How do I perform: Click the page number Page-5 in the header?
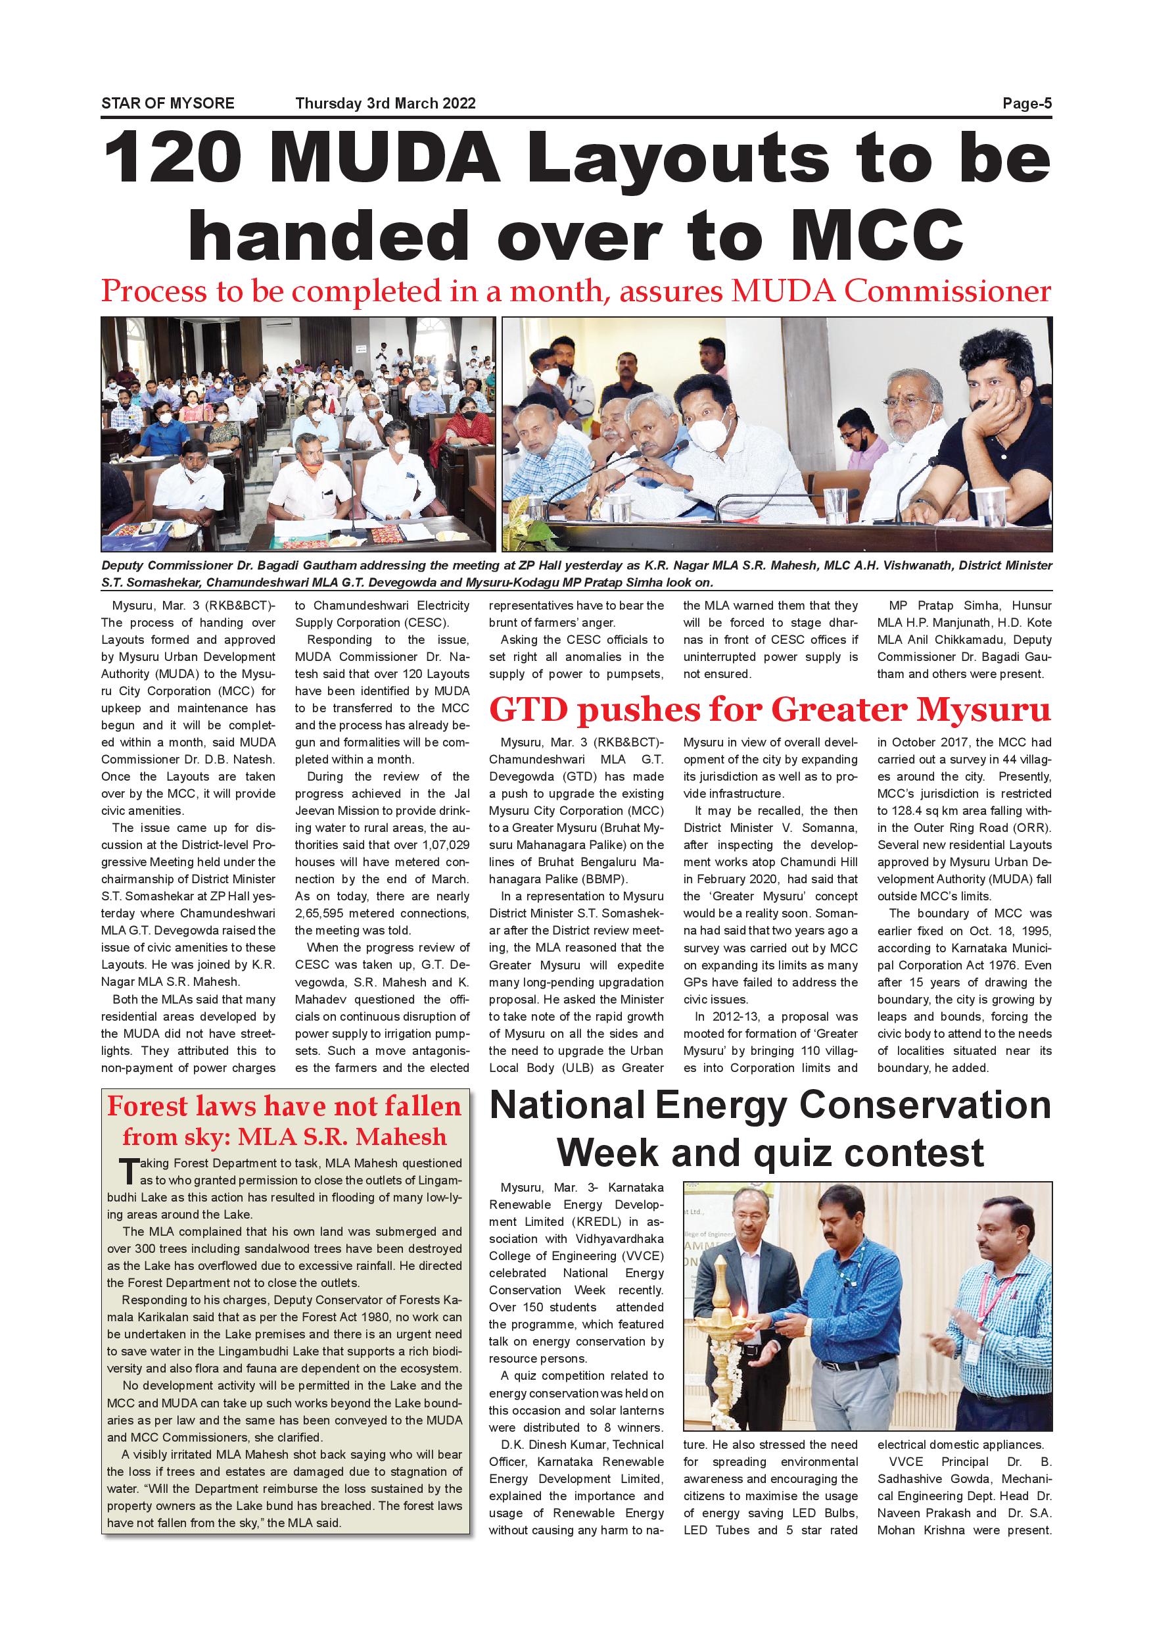coord(1027,104)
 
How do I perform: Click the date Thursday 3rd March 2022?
coord(385,104)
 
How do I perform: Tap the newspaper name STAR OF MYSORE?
coord(168,104)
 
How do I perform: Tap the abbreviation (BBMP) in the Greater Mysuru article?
coord(604,879)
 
